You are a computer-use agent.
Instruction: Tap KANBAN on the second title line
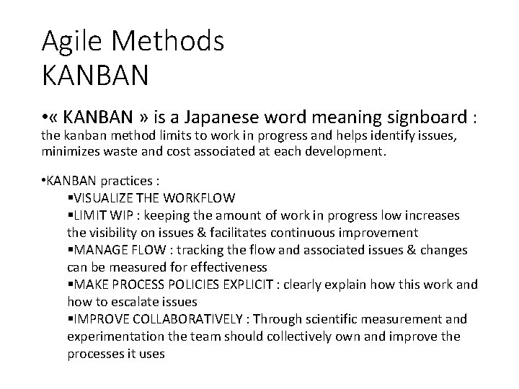point(96,74)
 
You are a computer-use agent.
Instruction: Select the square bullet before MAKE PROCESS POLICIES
point(69,285)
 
